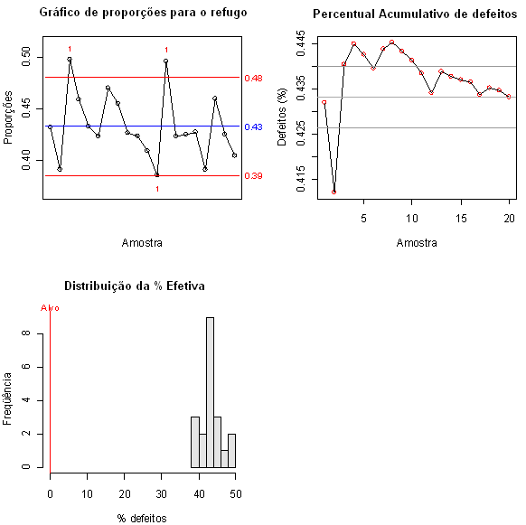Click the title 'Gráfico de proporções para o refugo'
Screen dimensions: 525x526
coord(144,13)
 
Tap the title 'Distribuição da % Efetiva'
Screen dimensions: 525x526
coord(135,286)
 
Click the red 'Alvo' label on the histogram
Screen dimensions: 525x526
coord(51,308)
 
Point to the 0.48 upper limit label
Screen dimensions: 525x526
coord(253,79)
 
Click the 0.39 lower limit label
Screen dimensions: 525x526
coord(253,176)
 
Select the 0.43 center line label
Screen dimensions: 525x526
coord(253,127)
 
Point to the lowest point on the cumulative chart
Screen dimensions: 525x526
coord(334,192)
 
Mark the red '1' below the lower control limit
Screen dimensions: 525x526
coord(157,189)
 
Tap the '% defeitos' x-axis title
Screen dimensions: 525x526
coord(142,518)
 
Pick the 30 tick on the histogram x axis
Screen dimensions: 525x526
coord(162,492)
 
